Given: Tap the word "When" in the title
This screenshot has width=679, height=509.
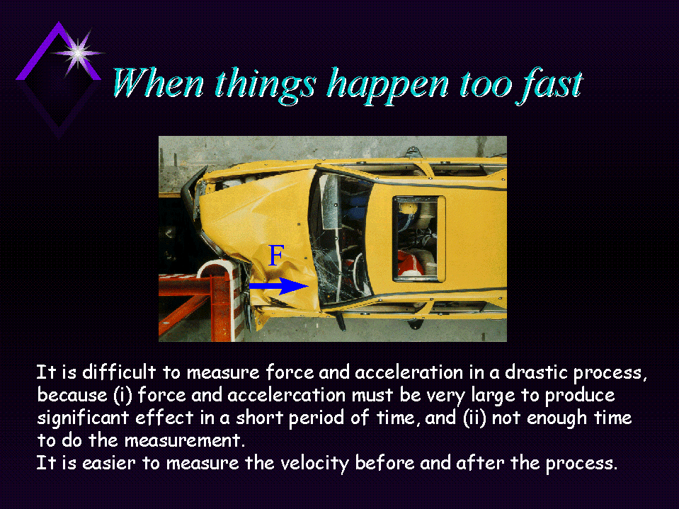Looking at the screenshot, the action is tap(158, 83).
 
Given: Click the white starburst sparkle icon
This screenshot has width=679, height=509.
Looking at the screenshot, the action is tap(78, 53).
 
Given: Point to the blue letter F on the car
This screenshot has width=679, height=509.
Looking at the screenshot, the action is tap(276, 256).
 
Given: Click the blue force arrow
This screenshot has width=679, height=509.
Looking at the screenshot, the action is tap(278, 286).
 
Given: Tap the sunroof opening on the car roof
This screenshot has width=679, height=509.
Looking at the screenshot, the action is tap(418, 239).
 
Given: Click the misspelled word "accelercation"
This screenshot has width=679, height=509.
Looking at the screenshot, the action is tap(286, 395).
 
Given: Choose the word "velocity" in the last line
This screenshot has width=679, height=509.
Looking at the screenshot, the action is tap(315, 463).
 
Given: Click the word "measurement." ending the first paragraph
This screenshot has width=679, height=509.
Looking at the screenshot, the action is tap(185, 440).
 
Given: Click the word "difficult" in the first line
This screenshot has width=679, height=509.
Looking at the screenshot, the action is tap(119, 372).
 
